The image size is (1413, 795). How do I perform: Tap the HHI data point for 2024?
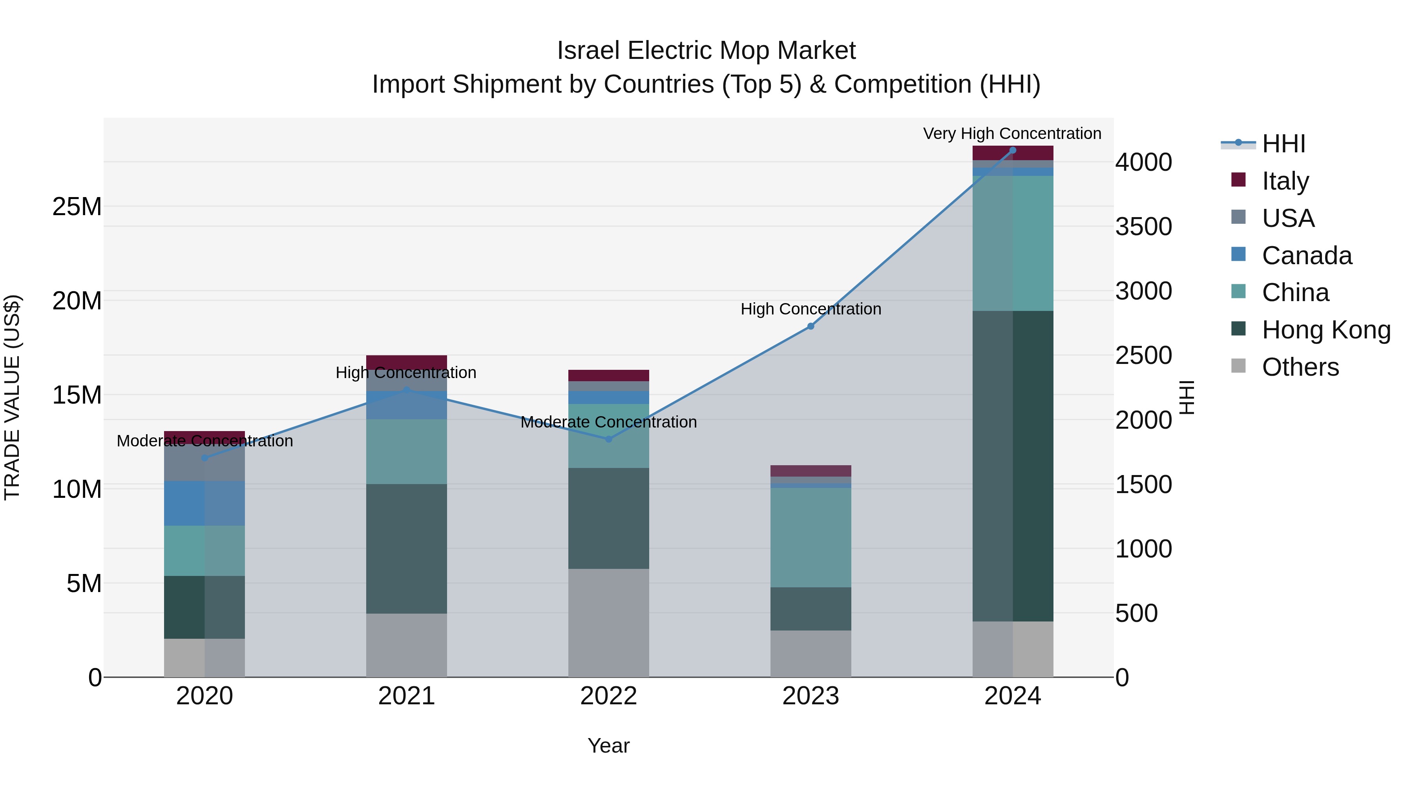pos(1013,150)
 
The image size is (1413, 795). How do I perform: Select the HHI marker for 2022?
pos(608,439)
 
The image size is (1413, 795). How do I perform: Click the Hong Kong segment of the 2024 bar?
pos(1013,466)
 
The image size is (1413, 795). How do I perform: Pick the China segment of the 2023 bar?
pos(811,538)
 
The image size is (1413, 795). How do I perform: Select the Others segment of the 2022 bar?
pos(608,623)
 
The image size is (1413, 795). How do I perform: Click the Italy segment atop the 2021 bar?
pos(407,362)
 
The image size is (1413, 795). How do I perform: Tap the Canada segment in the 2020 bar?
pos(204,503)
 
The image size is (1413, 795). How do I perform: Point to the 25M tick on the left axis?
pos(77,207)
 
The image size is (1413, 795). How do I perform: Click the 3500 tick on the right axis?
pos(1144,227)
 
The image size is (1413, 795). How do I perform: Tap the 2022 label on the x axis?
pos(608,696)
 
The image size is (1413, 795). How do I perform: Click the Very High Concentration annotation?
pos(1012,133)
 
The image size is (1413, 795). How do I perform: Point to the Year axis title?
pos(608,746)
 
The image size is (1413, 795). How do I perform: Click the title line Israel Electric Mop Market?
pos(706,51)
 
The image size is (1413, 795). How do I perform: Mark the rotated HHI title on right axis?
pos(1187,397)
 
